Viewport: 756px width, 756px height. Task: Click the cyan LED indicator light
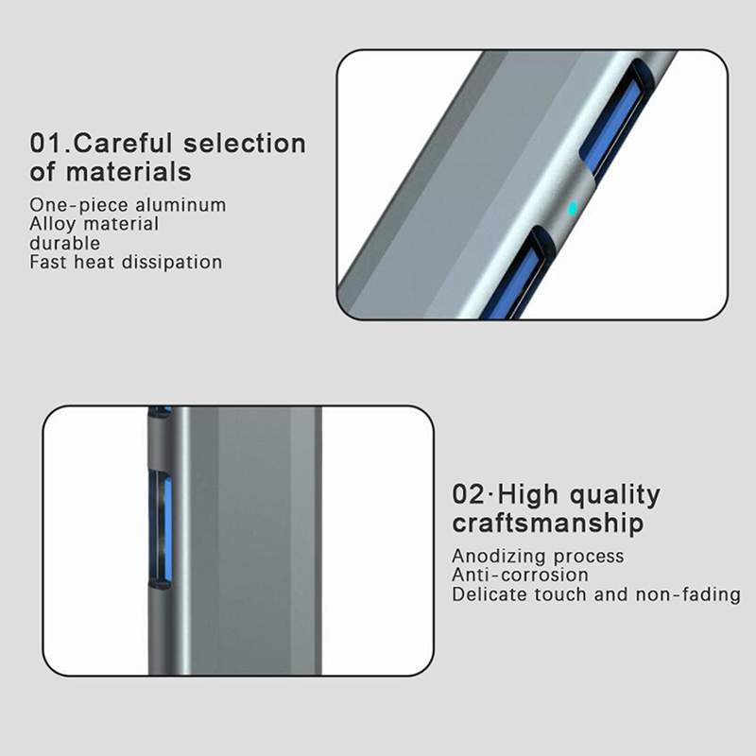(573, 208)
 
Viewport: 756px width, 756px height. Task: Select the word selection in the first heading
(245, 144)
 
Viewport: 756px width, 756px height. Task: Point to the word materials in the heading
(129, 172)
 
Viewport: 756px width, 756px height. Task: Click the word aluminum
(180, 205)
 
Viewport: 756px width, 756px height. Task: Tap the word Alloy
(53, 225)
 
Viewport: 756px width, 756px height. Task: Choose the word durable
(64, 243)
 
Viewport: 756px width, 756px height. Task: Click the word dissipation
(172, 263)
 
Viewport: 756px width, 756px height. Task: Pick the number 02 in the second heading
(468, 494)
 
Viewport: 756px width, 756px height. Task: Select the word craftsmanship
(548, 524)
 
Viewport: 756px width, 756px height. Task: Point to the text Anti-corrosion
(521, 575)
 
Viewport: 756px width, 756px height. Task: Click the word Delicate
(490, 594)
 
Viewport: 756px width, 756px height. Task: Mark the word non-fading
(688, 595)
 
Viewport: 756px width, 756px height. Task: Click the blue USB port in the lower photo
(167, 528)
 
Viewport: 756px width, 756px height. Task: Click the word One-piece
(79, 205)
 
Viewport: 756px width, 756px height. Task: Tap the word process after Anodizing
(588, 558)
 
